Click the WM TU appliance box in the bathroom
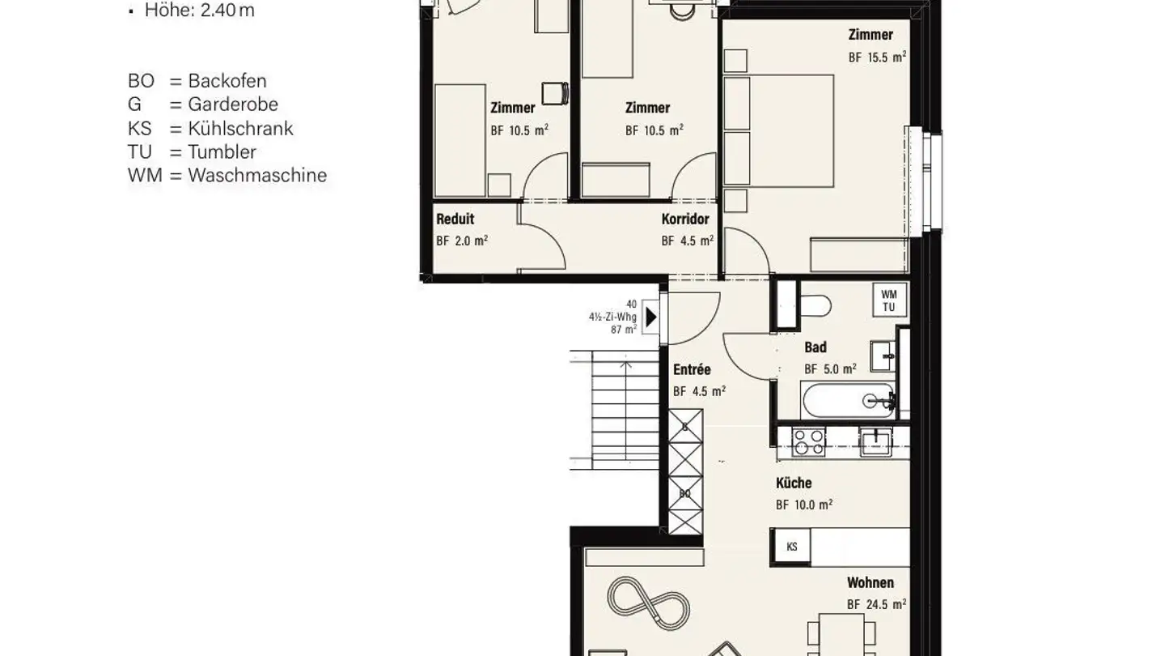click(x=890, y=300)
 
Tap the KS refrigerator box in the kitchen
click(x=791, y=547)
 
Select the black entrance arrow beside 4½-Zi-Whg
click(x=651, y=317)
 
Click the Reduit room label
click(x=455, y=219)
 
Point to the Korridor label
click(x=685, y=219)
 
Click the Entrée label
click(x=692, y=369)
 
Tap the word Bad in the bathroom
click(x=815, y=347)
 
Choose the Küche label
click(x=794, y=483)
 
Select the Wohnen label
click(x=871, y=582)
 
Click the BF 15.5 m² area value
click(x=877, y=57)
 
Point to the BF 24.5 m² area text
click(x=876, y=604)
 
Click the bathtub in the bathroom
click(x=848, y=401)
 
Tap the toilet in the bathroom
click(x=815, y=306)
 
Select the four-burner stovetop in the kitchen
click(x=807, y=442)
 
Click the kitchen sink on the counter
click(x=876, y=441)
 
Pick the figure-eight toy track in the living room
click(x=649, y=605)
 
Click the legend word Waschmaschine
click(x=257, y=176)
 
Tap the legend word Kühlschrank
click(x=240, y=129)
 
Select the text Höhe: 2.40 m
click(x=200, y=11)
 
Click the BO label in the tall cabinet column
click(x=685, y=493)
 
